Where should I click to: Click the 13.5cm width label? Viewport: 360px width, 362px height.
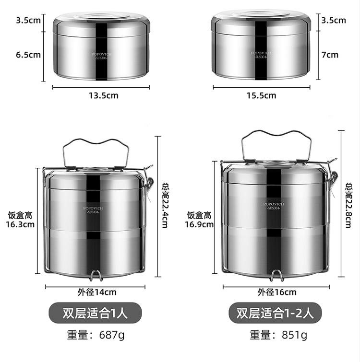tap(104, 95)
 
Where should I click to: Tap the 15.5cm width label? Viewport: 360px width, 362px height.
tap(261, 95)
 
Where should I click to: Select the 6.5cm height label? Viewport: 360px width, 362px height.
tap(28, 55)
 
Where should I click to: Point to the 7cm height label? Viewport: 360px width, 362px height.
tap(330, 55)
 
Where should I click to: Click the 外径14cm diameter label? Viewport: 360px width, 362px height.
tap(97, 292)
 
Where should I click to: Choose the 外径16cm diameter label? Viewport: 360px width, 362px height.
tap(277, 292)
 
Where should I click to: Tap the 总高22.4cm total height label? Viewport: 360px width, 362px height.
tap(166, 205)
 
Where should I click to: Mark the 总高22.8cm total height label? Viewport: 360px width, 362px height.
tap(348, 205)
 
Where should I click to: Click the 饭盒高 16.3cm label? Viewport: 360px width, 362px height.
tap(20, 220)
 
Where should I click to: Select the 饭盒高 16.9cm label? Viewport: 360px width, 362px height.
tap(199, 220)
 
